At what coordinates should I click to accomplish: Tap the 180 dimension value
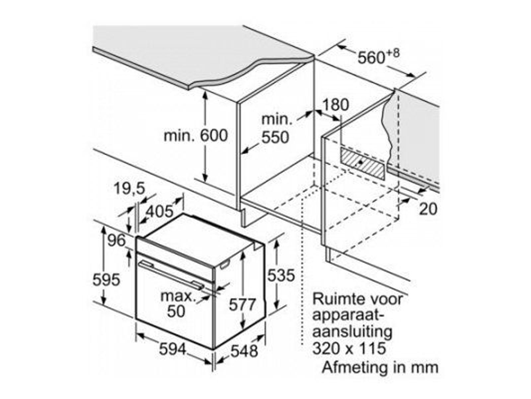point(336,105)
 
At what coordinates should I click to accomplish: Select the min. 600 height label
point(196,136)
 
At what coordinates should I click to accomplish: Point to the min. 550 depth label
point(275,128)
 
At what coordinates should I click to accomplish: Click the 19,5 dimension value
point(129,189)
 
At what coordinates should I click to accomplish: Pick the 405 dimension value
point(160,211)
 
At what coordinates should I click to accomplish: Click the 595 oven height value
point(106,280)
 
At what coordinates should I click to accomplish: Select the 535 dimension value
point(281,275)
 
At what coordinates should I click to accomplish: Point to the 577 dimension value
point(243,305)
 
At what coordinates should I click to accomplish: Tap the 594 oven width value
point(173,349)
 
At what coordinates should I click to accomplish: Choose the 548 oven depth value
point(244,351)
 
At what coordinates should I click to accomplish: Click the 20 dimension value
point(428,209)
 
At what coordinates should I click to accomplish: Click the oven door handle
point(171,274)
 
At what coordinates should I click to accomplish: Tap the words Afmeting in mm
point(380,367)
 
